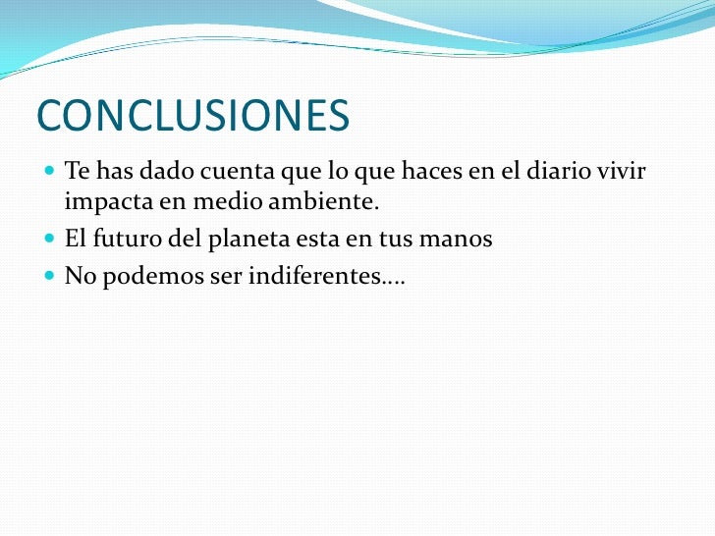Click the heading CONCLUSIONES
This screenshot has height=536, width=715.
click(192, 117)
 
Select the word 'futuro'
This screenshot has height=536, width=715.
click(125, 240)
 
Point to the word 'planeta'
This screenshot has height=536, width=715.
click(246, 240)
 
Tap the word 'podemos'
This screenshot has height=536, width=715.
click(148, 276)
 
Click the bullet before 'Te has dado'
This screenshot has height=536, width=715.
click(51, 174)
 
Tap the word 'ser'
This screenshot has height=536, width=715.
click(227, 276)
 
